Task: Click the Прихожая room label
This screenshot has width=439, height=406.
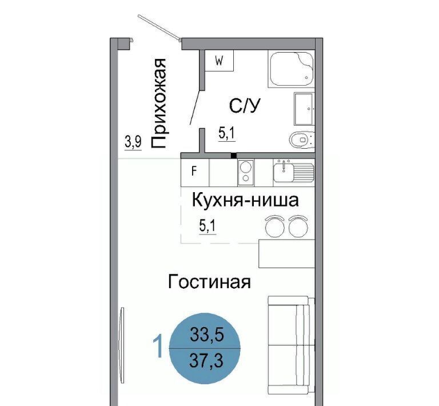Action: (159, 103)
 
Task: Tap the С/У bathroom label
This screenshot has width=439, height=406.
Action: (245, 106)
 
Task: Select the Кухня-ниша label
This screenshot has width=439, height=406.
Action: (245, 200)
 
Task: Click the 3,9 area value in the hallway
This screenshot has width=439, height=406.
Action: (133, 142)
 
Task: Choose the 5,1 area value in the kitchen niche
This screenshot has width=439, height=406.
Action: (207, 226)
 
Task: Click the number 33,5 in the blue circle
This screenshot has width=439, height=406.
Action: (207, 335)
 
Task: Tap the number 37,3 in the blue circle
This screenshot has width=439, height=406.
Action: (206, 360)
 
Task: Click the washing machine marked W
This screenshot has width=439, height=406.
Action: (219, 61)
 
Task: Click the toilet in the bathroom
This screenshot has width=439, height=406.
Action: (302, 139)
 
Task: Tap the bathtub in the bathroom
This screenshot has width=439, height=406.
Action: (291, 69)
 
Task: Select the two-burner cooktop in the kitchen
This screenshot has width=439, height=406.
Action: (246, 173)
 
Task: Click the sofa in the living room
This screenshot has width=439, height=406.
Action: (291, 345)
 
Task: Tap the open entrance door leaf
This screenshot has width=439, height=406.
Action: (159, 26)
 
